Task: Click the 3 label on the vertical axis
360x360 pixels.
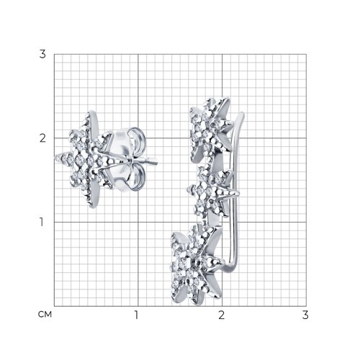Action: (x=42, y=54)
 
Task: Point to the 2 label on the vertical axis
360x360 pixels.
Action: (x=42, y=138)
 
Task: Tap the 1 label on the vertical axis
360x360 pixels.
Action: (x=42, y=222)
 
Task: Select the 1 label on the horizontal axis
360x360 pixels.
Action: (x=137, y=315)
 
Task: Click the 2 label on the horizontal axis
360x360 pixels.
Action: (x=222, y=315)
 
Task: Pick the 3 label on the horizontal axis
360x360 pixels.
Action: (x=305, y=315)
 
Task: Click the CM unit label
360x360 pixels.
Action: (x=45, y=315)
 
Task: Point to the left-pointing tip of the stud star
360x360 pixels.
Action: (x=56, y=158)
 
